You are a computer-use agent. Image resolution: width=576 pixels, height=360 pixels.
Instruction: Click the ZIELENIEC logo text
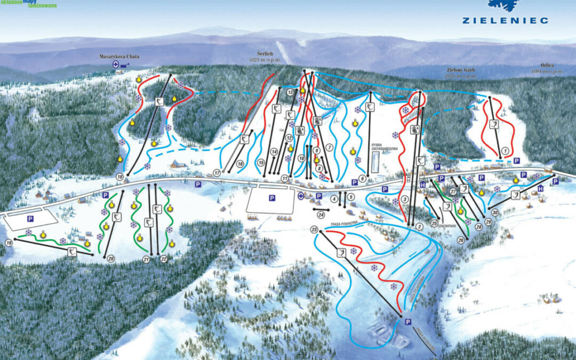pyautogui.click(x=506, y=20)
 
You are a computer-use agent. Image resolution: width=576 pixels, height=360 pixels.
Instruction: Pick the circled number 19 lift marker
pyautogui.click(x=9, y=243)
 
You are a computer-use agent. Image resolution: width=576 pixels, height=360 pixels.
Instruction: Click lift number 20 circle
pyautogui.click(x=111, y=259)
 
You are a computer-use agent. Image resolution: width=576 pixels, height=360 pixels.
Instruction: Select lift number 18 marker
pyautogui.click(x=121, y=176)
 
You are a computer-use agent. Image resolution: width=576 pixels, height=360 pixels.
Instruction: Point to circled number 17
pyautogui.click(x=217, y=172)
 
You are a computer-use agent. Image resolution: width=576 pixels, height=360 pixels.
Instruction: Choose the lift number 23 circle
pyautogui.click(x=315, y=229)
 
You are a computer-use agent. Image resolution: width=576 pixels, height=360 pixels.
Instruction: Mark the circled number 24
pyautogui.click(x=321, y=215)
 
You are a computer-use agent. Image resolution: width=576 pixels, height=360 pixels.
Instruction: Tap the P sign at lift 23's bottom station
pyautogui.click(x=408, y=322)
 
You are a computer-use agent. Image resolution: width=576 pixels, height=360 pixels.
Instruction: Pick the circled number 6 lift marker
pyautogui.click(x=362, y=179)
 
